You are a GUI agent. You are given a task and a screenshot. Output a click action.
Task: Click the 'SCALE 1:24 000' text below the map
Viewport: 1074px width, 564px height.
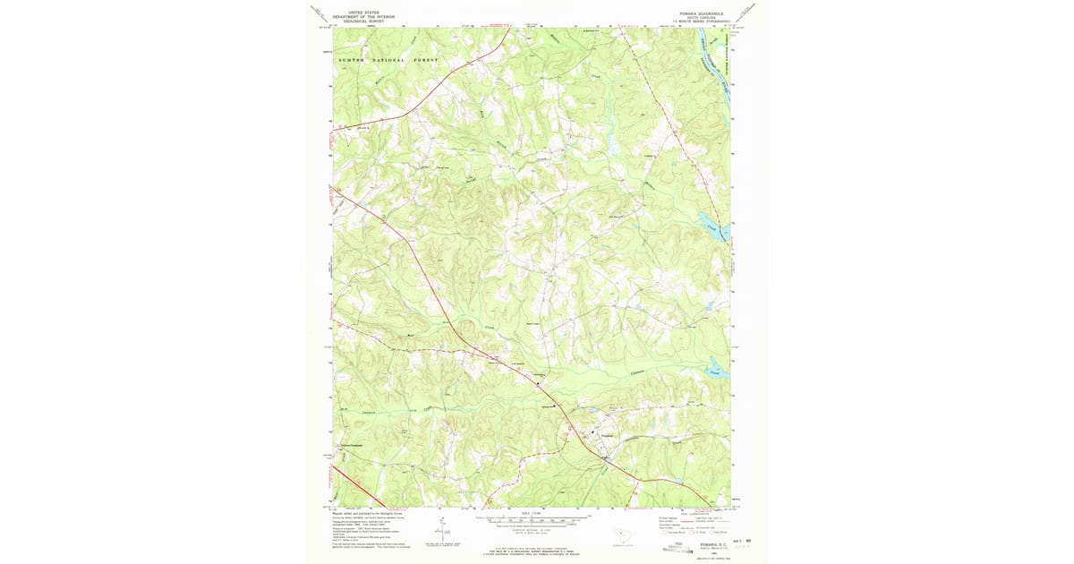click(x=532, y=513)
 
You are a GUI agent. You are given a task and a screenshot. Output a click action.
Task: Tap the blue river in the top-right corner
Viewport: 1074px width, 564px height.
click(x=712, y=63)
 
